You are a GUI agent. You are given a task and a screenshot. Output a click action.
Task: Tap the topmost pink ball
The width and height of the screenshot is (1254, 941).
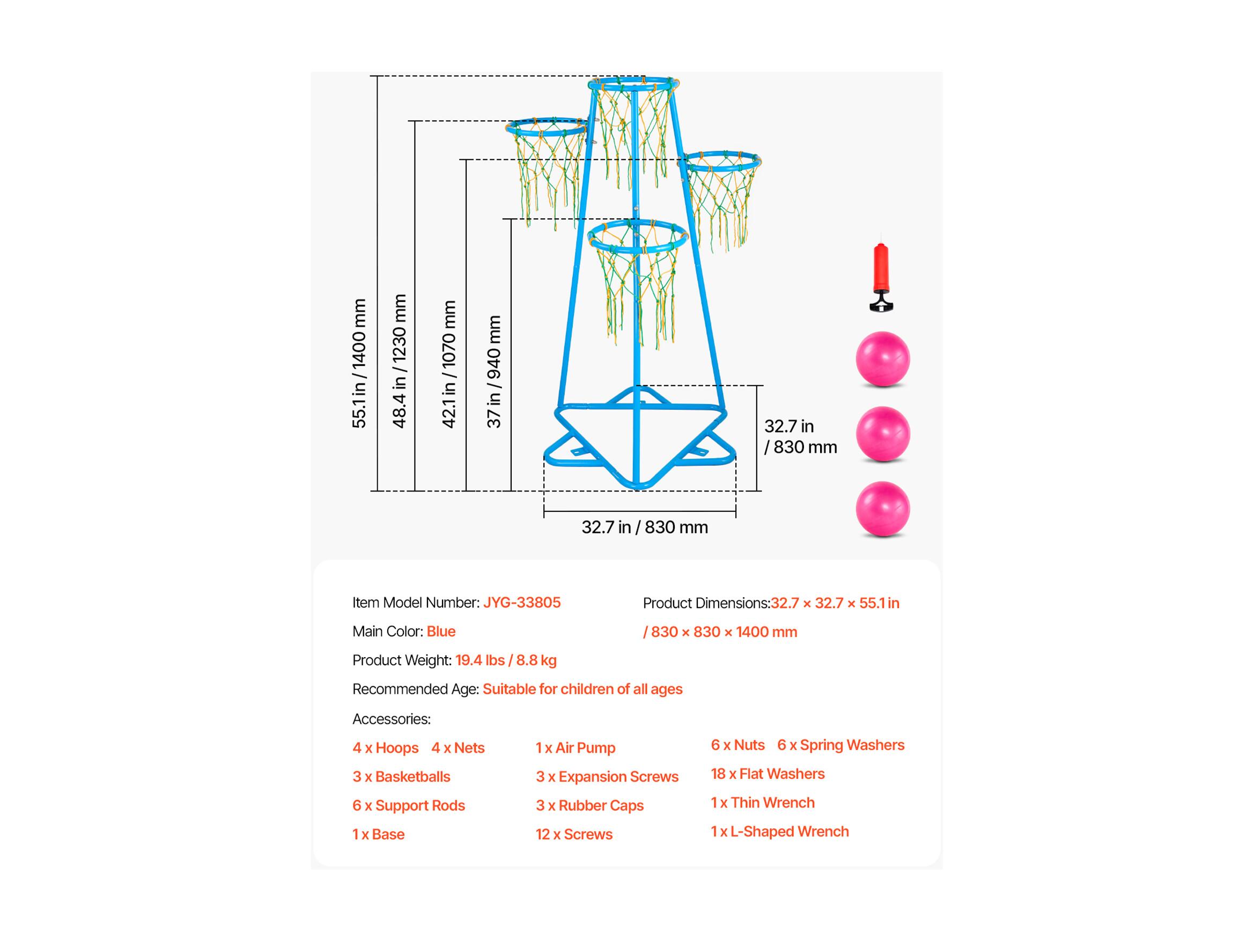pos(883,359)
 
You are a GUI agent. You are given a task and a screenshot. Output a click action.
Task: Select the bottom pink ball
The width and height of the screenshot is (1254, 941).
pos(883,509)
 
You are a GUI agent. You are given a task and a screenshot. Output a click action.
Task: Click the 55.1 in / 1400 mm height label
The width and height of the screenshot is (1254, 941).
pos(359,363)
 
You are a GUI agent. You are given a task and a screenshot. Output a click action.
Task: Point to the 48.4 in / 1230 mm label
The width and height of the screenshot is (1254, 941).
pos(400,361)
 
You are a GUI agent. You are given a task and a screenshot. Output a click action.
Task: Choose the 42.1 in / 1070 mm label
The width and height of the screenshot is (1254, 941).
pos(448,364)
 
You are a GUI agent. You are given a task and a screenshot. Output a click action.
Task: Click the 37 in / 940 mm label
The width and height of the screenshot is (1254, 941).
pos(494,372)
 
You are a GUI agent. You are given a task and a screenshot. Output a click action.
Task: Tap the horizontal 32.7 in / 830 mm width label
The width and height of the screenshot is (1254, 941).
pos(645,527)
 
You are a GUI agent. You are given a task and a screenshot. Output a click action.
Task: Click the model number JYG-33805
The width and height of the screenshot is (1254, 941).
pos(521,602)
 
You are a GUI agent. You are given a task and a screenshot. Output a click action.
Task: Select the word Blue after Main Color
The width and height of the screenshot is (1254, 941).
pos(441,631)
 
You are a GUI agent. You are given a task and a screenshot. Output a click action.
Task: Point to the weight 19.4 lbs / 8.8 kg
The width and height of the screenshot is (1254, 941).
pos(506,660)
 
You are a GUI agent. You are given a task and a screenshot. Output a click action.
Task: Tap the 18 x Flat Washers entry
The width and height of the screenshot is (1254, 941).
pos(768,774)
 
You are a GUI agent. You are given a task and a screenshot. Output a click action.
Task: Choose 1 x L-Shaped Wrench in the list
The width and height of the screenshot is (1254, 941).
pos(779,832)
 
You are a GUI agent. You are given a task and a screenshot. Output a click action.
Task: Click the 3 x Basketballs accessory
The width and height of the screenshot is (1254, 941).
pos(401,776)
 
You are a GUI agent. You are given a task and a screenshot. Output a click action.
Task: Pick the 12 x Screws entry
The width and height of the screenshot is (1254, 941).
pos(574,834)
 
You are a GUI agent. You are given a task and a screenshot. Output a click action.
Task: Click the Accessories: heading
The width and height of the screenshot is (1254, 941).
pos(392,719)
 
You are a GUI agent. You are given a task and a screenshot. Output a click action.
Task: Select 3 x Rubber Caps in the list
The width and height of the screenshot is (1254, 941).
pos(589,805)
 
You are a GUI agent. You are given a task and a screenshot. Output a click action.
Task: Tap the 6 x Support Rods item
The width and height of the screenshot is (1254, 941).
pos(409,805)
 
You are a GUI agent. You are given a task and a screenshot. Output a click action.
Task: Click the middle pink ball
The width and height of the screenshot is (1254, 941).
pos(883,434)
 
